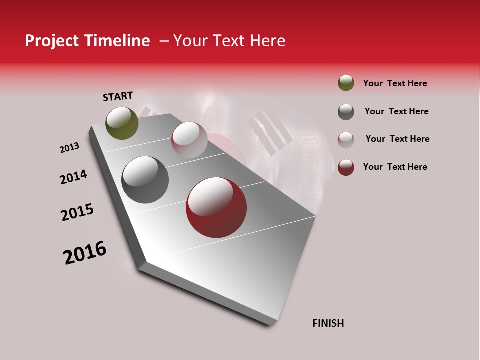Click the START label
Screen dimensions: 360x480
[x=118, y=96]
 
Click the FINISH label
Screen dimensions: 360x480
[x=328, y=323]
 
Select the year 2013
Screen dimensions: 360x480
[x=69, y=148]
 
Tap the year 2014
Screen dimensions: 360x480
[x=73, y=177]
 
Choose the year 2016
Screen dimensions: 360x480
[x=85, y=253]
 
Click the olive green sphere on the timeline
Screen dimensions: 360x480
[x=122, y=123]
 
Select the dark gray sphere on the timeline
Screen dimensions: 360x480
[x=145, y=180]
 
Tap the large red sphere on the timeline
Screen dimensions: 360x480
[x=216, y=207]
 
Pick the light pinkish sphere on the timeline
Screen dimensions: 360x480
[x=189, y=140]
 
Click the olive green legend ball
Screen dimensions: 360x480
[x=346, y=83]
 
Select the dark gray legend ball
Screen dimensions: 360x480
[x=346, y=111]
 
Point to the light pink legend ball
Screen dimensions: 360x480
[x=346, y=139]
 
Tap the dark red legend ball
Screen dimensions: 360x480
[x=346, y=167]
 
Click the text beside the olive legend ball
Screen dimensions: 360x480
[x=395, y=83]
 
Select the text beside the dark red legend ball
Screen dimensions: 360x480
[x=395, y=167]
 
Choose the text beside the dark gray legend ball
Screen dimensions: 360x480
[x=396, y=111]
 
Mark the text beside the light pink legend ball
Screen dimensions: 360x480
[x=397, y=139]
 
